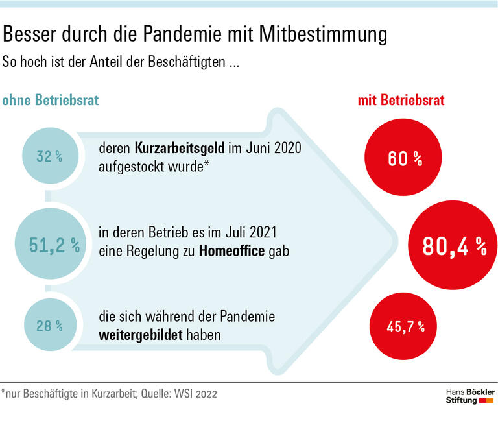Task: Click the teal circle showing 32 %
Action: pyautogui.click(x=50, y=157)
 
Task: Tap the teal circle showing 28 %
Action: pyautogui.click(x=50, y=326)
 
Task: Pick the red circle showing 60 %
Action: pyautogui.click(x=405, y=158)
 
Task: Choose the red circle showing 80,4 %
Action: pyautogui.click(x=453, y=245)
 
